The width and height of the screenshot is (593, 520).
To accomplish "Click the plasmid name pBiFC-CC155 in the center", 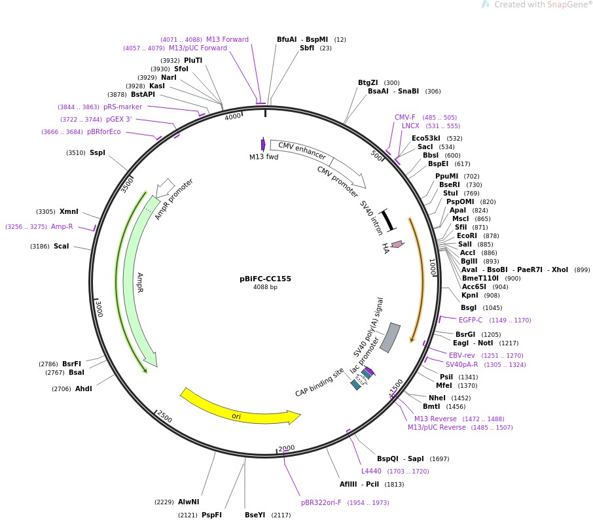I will point(265,279).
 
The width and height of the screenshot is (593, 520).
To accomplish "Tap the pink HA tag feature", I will point(397,245).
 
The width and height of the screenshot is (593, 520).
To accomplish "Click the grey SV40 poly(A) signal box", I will point(390,338).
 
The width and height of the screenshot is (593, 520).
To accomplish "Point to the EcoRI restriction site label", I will point(467,235).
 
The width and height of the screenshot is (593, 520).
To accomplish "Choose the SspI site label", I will point(97,153).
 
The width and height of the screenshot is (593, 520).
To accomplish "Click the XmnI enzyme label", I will point(69,211).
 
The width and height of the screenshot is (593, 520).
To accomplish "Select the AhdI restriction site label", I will point(83,389).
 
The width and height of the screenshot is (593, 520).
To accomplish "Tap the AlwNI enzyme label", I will point(189,502).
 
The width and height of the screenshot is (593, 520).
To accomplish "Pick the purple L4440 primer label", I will point(371,471).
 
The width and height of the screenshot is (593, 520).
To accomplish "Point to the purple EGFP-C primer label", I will point(471,320).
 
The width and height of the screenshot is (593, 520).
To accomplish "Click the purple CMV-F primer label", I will point(405,118).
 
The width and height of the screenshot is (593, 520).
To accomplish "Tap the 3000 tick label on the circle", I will point(98,309).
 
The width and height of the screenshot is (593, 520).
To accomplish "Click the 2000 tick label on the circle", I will point(287,449).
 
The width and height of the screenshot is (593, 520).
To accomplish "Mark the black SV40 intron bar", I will point(387,220).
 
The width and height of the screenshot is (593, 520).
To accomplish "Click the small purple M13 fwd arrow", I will point(263,145).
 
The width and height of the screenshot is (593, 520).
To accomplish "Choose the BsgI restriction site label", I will point(469,307).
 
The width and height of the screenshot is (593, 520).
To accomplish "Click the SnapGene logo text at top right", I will point(537,5).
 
